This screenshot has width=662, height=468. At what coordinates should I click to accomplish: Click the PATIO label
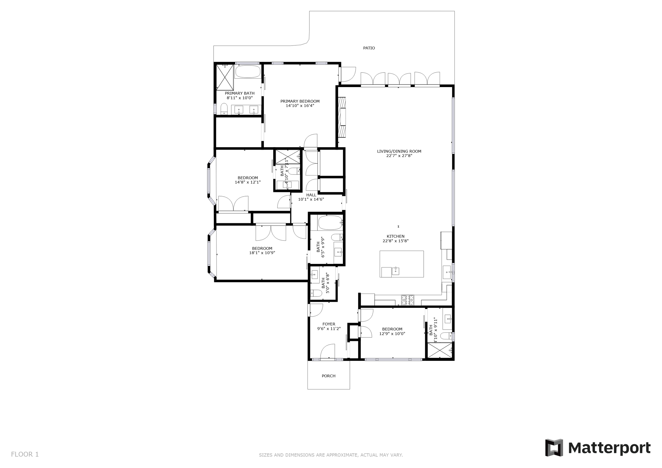(x=369, y=48)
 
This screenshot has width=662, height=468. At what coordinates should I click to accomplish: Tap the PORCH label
(x=328, y=376)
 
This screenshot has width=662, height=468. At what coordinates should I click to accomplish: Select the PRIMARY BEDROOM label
(x=300, y=101)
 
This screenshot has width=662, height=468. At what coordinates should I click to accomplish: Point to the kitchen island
(x=402, y=264)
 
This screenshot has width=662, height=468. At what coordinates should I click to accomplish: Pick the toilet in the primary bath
(x=224, y=109)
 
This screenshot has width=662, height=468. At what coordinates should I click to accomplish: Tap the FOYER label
(x=329, y=324)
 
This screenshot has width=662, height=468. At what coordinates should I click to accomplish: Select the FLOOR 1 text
(x=25, y=454)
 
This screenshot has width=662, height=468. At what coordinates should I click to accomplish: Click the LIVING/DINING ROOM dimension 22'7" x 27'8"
(x=399, y=156)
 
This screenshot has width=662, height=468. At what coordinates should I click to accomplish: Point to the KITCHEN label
(x=396, y=236)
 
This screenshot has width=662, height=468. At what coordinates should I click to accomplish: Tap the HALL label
(x=311, y=195)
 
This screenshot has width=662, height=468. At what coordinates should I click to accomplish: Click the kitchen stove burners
(x=408, y=300)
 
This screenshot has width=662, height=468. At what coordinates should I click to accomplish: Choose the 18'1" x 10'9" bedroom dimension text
(x=262, y=253)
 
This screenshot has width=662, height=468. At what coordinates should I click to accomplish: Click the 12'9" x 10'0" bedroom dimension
(x=392, y=334)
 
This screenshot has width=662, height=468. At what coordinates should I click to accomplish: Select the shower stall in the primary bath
(x=225, y=77)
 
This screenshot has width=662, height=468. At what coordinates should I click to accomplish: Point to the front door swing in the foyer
(x=328, y=351)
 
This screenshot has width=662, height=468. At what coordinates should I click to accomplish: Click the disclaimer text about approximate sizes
(x=331, y=455)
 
